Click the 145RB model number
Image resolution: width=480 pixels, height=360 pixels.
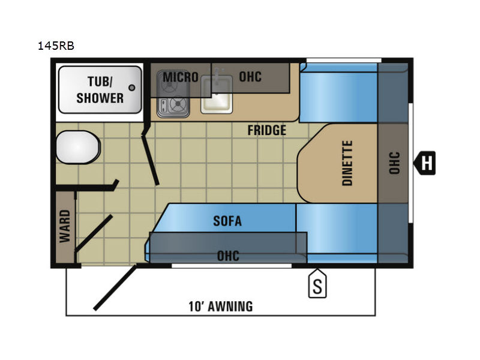[x=56, y=46]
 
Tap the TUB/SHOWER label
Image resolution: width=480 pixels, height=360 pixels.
[x=100, y=90]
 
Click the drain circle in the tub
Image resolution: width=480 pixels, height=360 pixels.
[x=132, y=88]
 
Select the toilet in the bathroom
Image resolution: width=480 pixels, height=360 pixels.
[x=78, y=147]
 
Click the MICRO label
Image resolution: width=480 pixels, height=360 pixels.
[x=181, y=77]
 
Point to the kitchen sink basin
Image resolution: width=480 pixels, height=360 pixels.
[x=217, y=97]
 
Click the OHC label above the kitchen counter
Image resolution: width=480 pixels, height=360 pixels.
[x=250, y=77]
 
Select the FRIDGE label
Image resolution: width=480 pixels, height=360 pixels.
[x=266, y=130]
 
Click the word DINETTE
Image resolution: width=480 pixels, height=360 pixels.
[x=347, y=163]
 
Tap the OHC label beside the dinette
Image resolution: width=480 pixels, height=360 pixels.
[x=394, y=163]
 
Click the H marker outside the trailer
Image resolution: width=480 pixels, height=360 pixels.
[x=425, y=163]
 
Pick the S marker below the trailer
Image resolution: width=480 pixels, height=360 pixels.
[x=317, y=283]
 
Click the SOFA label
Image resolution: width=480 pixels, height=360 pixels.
[x=227, y=221]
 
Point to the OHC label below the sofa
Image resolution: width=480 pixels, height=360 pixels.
[x=228, y=256]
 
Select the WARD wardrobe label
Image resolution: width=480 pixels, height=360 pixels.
[x=65, y=226]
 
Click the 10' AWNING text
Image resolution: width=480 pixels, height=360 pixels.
[x=221, y=307]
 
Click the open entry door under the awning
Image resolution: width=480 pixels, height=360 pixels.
[x=115, y=288]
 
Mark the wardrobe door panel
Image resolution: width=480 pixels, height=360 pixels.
[x=94, y=233]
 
